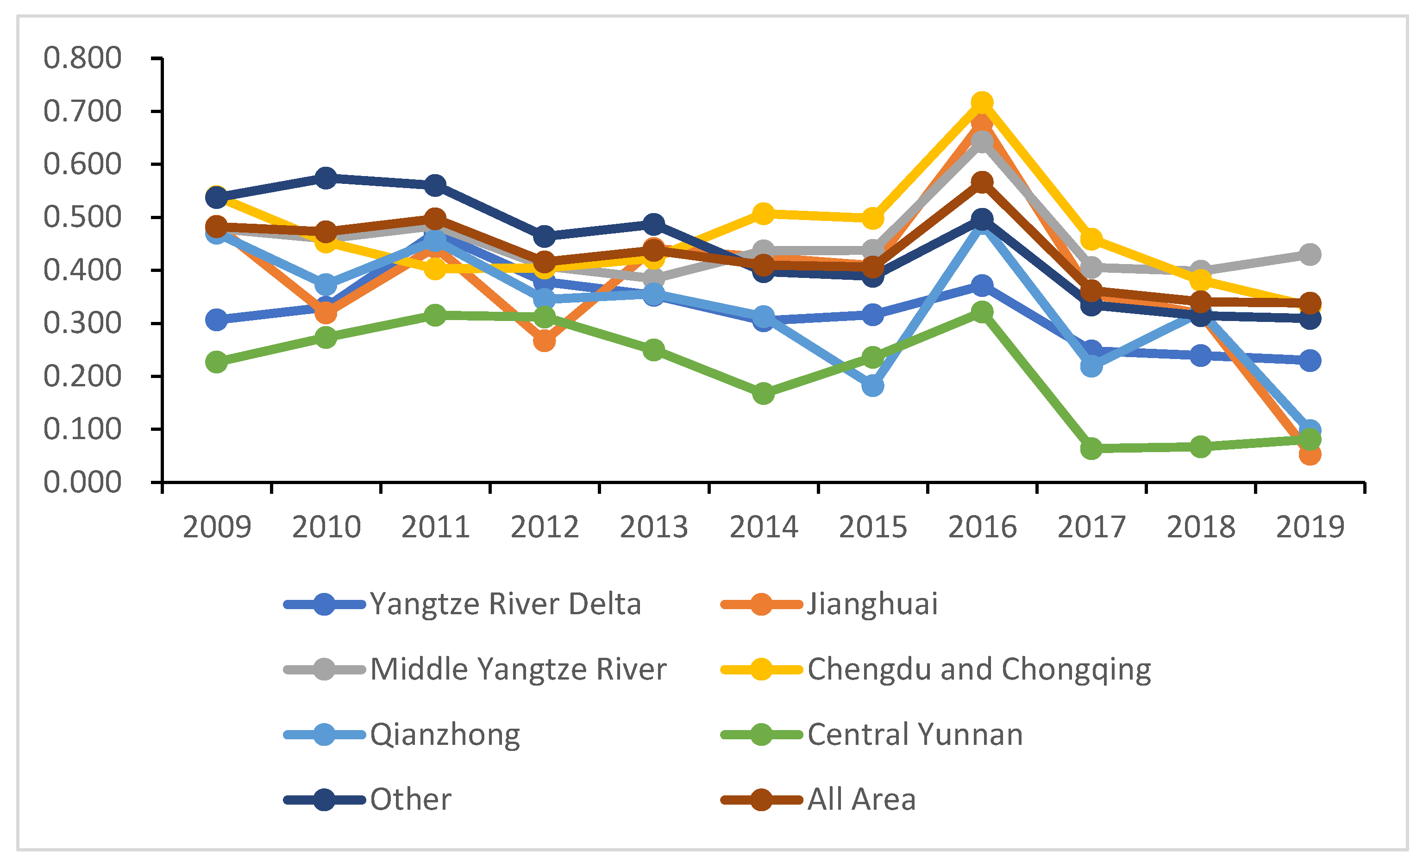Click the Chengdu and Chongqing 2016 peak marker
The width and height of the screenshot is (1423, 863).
[x=982, y=103]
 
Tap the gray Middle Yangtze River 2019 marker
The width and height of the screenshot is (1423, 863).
[x=1310, y=254]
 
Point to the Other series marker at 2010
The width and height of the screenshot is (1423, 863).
[x=326, y=177]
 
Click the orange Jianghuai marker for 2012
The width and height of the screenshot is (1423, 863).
[x=544, y=341]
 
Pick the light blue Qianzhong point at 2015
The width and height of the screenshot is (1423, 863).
[x=872, y=385]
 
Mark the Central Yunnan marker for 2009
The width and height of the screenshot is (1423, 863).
[x=217, y=362]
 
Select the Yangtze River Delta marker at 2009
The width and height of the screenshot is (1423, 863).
[x=217, y=320]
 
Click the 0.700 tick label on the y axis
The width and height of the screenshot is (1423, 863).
[x=82, y=112]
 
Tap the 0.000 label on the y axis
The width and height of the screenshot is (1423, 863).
[x=82, y=482]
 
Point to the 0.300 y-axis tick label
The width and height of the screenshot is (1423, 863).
[x=82, y=323]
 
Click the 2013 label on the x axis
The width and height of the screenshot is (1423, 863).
[x=654, y=527]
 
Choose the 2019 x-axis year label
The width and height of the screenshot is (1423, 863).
[x=1310, y=527]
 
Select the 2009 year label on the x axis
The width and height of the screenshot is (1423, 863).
[x=217, y=527]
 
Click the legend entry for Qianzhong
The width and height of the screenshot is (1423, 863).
[x=445, y=735]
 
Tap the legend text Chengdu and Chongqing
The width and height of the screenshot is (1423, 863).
[x=979, y=669]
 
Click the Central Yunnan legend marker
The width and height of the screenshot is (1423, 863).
[x=761, y=735]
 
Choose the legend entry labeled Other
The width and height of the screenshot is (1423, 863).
[x=410, y=800]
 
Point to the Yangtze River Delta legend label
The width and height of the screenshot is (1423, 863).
[x=505, y=604]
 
